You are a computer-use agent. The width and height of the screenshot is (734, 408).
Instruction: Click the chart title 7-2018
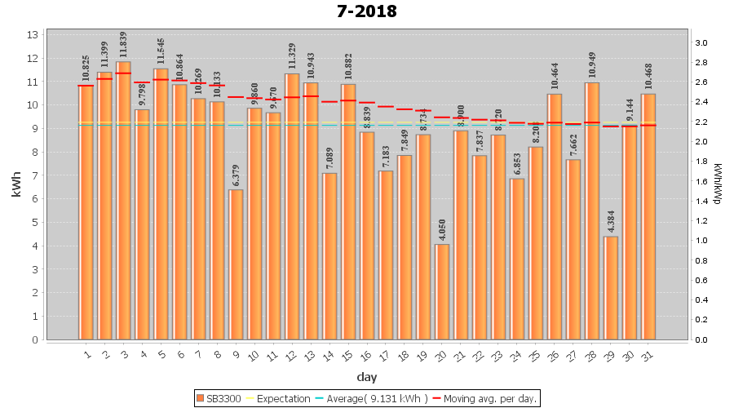coord(366,11)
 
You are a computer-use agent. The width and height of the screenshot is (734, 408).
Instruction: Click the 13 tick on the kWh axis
coord(33,35)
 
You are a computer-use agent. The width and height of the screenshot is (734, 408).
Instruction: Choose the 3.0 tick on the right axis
coord(701,43)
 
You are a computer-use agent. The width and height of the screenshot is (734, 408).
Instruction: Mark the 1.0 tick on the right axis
coord(701,241)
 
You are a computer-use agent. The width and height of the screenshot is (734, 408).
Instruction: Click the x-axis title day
coord(366,377)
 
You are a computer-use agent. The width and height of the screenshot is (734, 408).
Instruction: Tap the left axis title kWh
coord(16,187)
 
